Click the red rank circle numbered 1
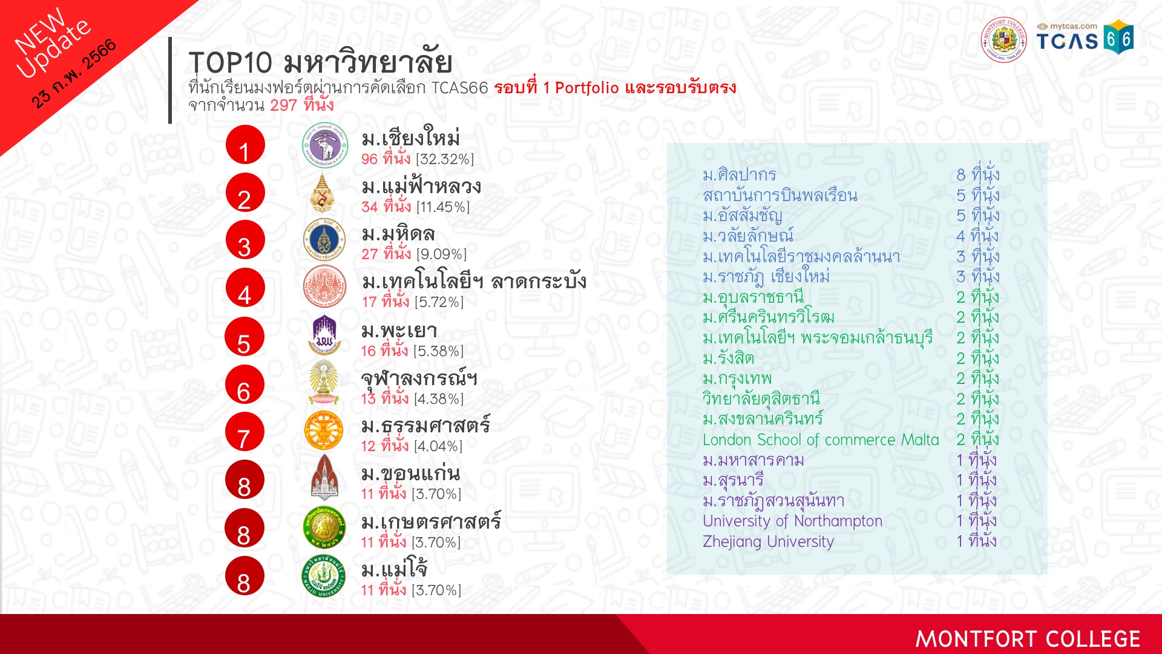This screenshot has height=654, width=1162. coord(245,145)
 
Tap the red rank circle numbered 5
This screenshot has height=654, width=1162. coord(245,337)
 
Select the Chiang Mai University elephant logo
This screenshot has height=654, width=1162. coord(325,145)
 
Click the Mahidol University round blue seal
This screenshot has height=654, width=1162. coord(324,240)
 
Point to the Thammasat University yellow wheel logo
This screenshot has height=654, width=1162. coord(324,431)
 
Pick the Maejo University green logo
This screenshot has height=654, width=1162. coord(324,575)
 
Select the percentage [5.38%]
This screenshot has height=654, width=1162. coord(439,351)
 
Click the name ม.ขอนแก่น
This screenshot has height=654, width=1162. coord(410,474)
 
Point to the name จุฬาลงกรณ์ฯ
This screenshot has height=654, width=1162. coord(419,380)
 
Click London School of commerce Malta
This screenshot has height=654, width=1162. coord(821,440)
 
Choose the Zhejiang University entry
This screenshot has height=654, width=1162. coord(768,541)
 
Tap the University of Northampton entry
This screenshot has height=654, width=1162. coord(792,521)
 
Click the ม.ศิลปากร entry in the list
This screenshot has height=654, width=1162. coord(739,175)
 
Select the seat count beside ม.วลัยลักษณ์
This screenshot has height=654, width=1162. coord(977,236)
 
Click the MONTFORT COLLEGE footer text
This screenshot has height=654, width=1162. coord(1028,639)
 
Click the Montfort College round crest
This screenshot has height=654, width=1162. coord(1003,39)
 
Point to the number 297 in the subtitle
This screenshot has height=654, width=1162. coord(283,105)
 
